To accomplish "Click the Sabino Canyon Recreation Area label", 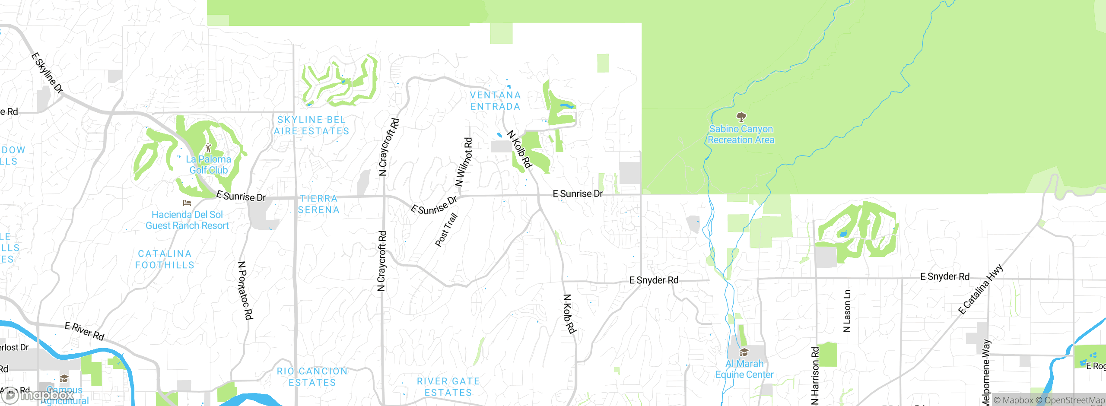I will (741, 134).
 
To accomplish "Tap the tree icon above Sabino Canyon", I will (741, 117).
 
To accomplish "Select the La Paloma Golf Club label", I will (208, 165).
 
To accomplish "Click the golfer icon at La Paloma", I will (208, 148).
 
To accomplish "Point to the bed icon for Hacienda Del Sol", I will (187, 203).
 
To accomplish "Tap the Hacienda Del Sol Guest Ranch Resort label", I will (187, 220).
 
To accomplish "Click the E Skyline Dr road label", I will (47, 73).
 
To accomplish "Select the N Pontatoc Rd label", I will (245, 290).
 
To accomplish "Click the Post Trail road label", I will (446, 230).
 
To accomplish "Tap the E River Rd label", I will (85, 331).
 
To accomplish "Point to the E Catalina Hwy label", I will (980, 289).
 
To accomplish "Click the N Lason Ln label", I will (847, 311).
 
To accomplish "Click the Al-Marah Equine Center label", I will (744, 369).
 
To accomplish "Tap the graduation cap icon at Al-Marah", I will (744, 352).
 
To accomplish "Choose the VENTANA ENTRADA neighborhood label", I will (495, 101).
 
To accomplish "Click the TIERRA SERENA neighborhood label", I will (319, 204).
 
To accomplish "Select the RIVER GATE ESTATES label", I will (448, 387).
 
